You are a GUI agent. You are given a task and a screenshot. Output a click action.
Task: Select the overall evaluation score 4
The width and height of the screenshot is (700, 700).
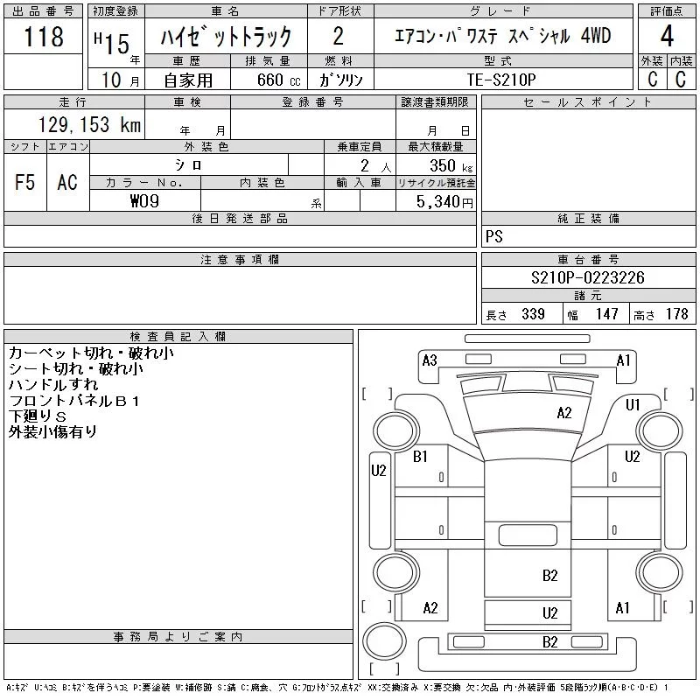point(666,37)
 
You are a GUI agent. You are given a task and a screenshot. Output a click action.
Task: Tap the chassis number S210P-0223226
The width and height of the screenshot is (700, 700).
point(588,278)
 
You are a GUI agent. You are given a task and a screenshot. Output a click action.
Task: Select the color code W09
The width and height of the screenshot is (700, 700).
point(143,200)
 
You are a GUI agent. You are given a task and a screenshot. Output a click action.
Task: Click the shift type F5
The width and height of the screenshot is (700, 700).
point(24,182)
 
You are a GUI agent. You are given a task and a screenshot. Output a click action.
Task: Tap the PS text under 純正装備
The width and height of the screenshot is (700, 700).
point(494,236)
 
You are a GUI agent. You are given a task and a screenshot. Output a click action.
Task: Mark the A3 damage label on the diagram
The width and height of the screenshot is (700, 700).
point(430,360)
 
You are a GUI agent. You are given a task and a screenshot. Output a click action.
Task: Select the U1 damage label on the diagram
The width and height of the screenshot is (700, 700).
point(633,404)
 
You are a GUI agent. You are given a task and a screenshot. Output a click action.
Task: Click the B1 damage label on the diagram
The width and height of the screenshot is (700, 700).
point(421,456)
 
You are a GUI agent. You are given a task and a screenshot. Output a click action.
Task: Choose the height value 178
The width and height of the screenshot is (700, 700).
point(676,314)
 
